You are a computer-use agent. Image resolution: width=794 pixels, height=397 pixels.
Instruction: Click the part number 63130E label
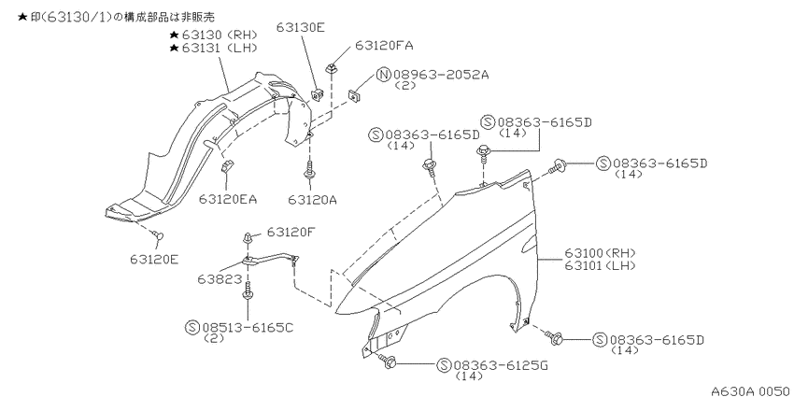(x=300, y=27)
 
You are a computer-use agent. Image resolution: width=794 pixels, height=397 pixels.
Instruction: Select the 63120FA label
(x=384, y=45)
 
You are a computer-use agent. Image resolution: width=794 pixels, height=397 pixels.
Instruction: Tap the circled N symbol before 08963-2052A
(x=383, y=76)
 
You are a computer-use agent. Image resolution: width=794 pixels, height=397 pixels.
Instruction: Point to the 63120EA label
(x=227, y=199)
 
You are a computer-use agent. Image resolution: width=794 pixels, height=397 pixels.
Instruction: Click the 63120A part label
(x=313, y=199)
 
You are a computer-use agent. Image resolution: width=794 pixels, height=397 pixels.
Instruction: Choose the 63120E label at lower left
(x=153, y=260)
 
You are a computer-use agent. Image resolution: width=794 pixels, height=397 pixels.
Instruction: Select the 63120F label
(x=291, y=232)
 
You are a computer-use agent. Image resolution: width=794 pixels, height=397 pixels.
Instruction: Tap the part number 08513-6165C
(x=248, y=328)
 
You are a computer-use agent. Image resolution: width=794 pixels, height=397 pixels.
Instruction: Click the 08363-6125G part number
(x=501, y=365)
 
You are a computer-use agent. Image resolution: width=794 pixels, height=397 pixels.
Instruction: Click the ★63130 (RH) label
(x=214, y=35)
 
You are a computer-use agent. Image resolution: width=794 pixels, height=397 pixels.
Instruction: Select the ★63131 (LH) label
(x=214, y=48)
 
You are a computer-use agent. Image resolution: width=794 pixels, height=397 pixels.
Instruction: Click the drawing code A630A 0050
(x=751, y=390)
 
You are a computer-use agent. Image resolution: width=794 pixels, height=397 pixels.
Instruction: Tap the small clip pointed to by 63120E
(x=159, y=235)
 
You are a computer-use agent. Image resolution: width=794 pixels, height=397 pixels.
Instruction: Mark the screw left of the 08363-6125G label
(x=388, y=360)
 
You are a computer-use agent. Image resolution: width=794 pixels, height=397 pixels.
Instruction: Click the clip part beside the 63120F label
(x=247, y=236)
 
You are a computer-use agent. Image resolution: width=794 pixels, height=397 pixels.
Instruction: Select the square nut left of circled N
(x=353, y=94)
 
